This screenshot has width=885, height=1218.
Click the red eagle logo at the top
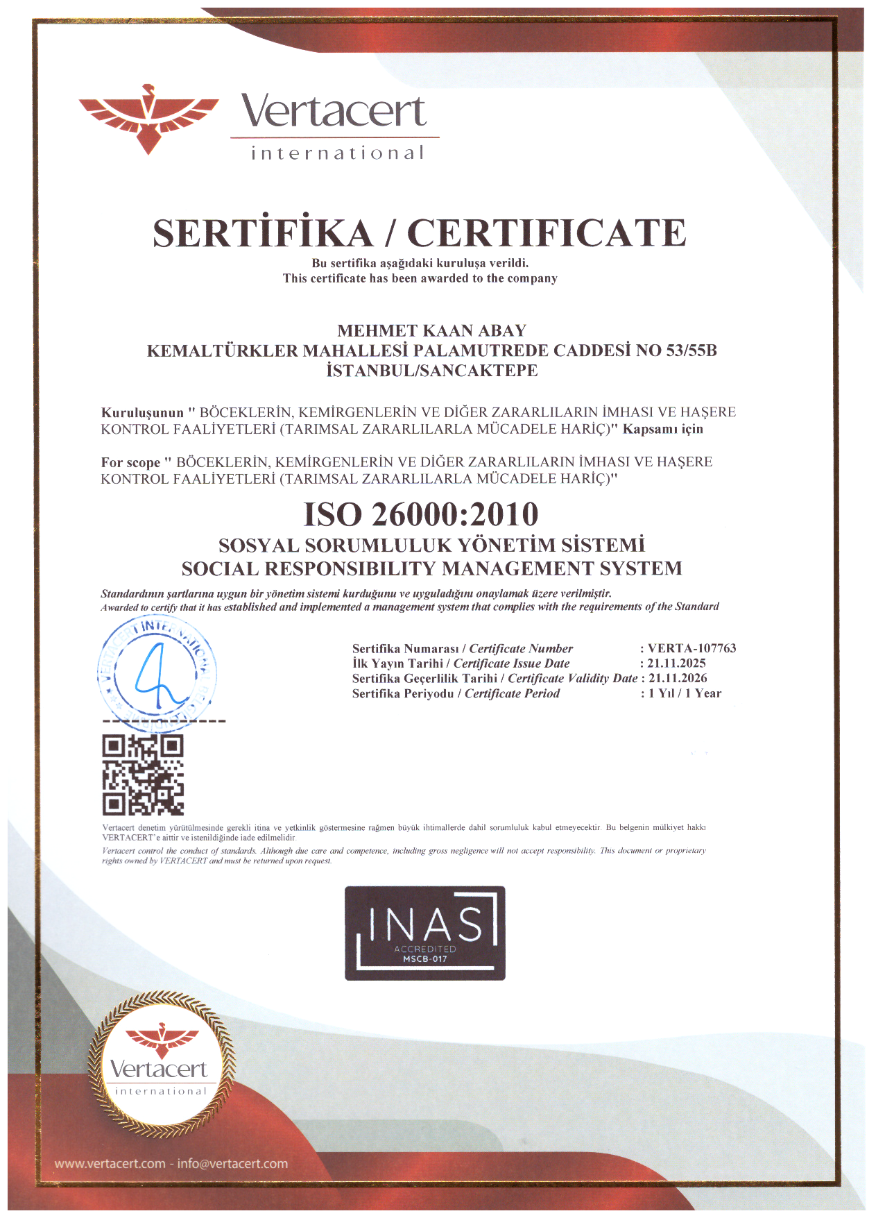pos(148,118)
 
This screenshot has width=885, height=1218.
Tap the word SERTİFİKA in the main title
pos(263,233)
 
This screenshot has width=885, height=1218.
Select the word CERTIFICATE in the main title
pos(547,233)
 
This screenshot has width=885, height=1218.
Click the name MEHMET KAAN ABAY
pos(431,330)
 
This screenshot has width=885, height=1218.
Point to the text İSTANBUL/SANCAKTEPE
pos(431,371)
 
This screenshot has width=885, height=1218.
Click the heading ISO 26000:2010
pos(421,514)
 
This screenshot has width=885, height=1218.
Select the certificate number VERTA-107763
pos(691,648)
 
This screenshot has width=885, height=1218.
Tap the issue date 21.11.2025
pos(676,663)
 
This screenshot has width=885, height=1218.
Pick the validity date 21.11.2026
pos(678,678)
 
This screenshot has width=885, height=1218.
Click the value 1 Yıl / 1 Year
pos(685,693)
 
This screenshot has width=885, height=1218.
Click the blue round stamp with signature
pos(157,673)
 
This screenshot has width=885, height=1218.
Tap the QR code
pos(143,775)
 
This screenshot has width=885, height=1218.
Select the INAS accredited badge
pos(425,933)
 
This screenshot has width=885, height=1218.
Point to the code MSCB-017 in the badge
pos(425,959)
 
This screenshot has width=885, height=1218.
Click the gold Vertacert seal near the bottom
pos(160,1065)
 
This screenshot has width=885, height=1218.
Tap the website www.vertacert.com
pos(110,1164)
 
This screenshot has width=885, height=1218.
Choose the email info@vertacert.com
pos(232,1164)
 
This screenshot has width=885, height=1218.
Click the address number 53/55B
pos(691,350)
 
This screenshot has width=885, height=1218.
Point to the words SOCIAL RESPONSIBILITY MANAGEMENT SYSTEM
pos(431,569)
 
